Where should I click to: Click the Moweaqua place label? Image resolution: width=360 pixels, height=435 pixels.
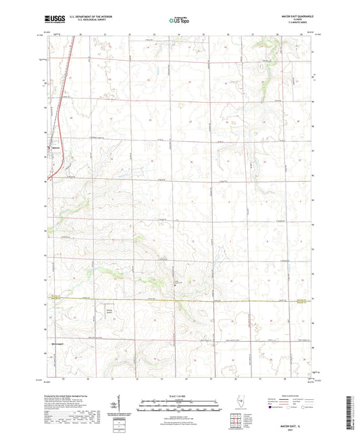tap(57, 344)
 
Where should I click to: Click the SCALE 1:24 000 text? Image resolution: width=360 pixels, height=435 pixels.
tap(179, 394)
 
